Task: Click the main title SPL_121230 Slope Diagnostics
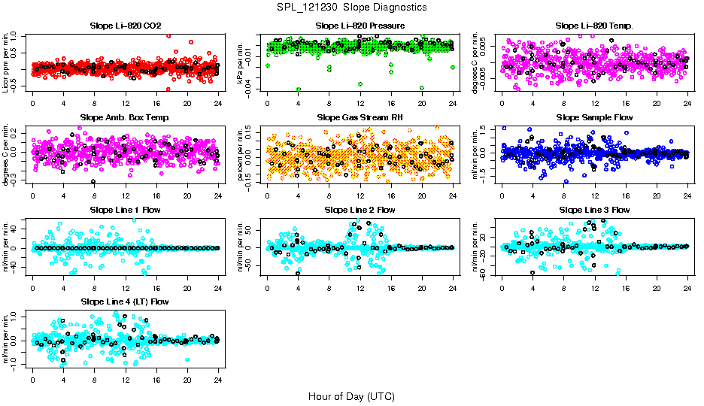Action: tap(351, 7)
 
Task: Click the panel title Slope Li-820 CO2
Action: tap(125, 26)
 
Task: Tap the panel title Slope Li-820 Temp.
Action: tap(594, 26)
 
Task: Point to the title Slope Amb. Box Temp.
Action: tap(125, 117)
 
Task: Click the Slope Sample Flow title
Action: tap(594, 117)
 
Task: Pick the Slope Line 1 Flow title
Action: tap(125, 210)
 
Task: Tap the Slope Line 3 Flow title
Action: tap(594, 210)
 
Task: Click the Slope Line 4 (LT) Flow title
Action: tap(125, 301)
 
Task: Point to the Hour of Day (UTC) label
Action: tap(351, 396)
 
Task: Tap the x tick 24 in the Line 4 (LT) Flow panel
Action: tap(218, 380)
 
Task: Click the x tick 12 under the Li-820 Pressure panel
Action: tap(360, 104)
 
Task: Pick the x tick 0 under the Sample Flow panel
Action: tap(502, 195)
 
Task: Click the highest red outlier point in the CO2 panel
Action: tap(168, 35)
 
